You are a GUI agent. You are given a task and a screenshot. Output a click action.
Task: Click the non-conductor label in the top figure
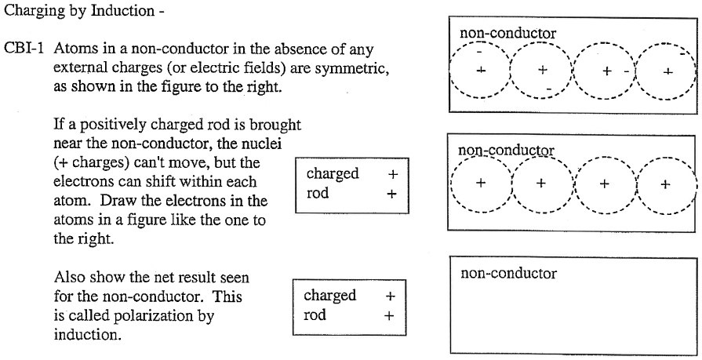point(507,34)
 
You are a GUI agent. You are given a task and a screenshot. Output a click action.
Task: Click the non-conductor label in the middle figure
point(506,150)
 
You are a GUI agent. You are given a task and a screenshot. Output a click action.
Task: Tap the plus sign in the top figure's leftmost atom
point(481,71)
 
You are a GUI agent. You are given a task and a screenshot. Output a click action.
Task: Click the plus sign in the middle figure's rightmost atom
point(666,184)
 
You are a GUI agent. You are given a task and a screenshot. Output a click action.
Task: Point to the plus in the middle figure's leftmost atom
point(481,184)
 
